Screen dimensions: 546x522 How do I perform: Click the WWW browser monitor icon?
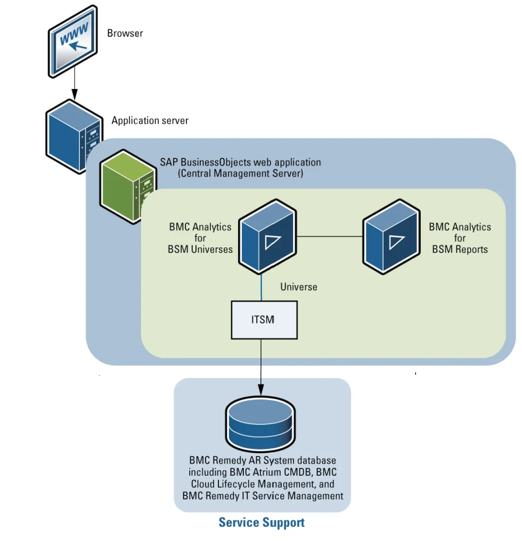coord(74,42)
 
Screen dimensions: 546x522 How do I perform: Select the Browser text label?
coord(125,33)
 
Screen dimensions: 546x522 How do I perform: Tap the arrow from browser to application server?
coord(75,85)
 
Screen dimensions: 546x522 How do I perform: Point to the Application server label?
coord(150,121)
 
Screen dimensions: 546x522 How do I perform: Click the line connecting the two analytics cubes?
coord(330,236)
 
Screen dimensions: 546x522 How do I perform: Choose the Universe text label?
coord(298,287)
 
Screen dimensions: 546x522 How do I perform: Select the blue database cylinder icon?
coord(261,424)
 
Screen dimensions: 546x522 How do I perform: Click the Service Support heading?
coord(262,522)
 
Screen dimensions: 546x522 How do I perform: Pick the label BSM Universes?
coord(200,249)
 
